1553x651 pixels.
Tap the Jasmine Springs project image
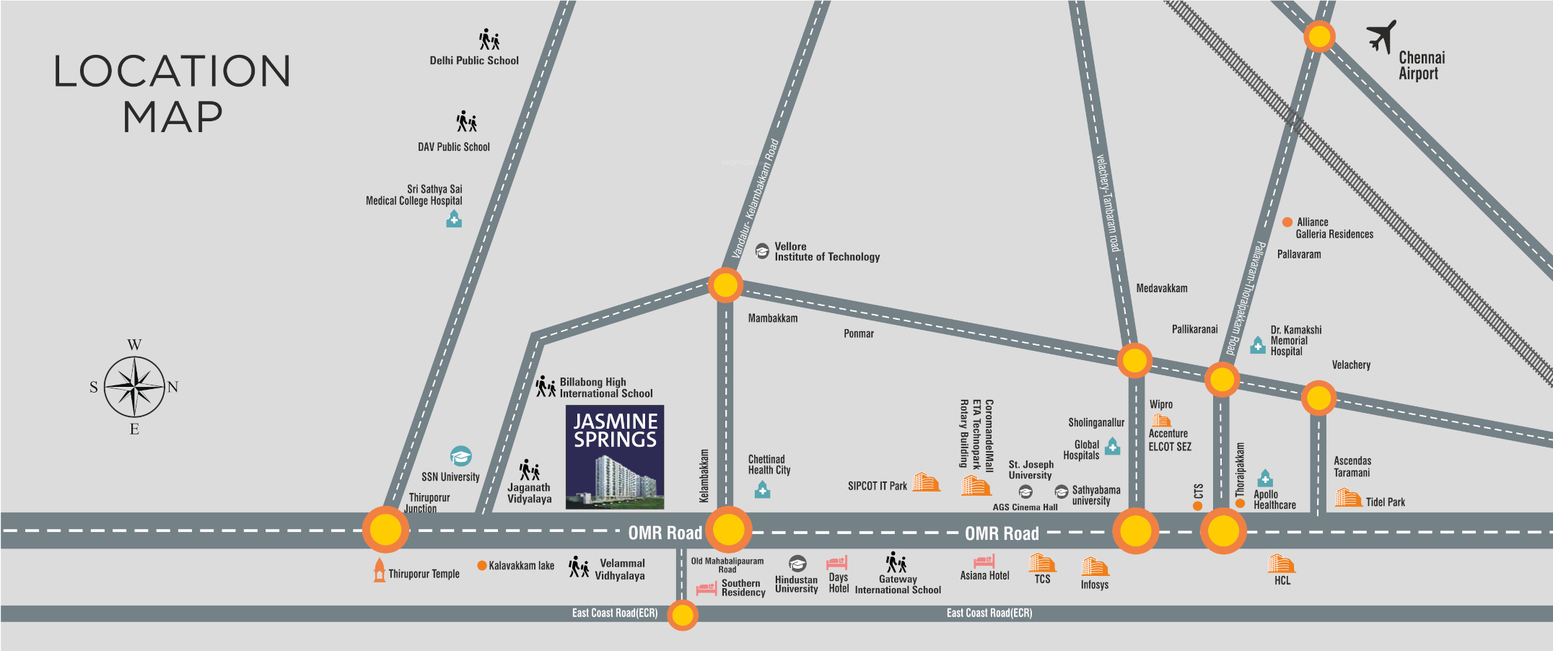(x=615, y=458)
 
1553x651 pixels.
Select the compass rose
(x=134, y=387)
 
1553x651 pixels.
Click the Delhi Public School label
(x=474, y=61)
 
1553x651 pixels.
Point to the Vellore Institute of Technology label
(x=827, y=252)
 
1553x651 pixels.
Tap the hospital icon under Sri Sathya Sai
(x=454, y=219)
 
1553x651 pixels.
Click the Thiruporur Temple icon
(x=380, y=570)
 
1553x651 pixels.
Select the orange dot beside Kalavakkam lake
(x=482, y=565)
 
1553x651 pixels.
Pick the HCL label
(x=1282, y=580)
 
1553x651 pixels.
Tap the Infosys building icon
(x=1094, y=566)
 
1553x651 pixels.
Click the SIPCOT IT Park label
(x=878, y=486)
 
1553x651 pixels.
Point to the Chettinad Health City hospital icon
(x=762, y=490)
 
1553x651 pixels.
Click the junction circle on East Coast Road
(x=682, y=616)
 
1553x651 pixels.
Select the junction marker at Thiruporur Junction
(x=385, y=530)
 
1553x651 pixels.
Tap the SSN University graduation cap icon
(x=461, y=456)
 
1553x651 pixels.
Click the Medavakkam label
(x=1162, y=289)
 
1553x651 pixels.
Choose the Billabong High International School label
(x=606, y=388)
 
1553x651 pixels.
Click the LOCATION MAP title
(x=172, y=94)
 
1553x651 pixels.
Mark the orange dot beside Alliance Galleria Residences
(x=1287, y=222)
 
